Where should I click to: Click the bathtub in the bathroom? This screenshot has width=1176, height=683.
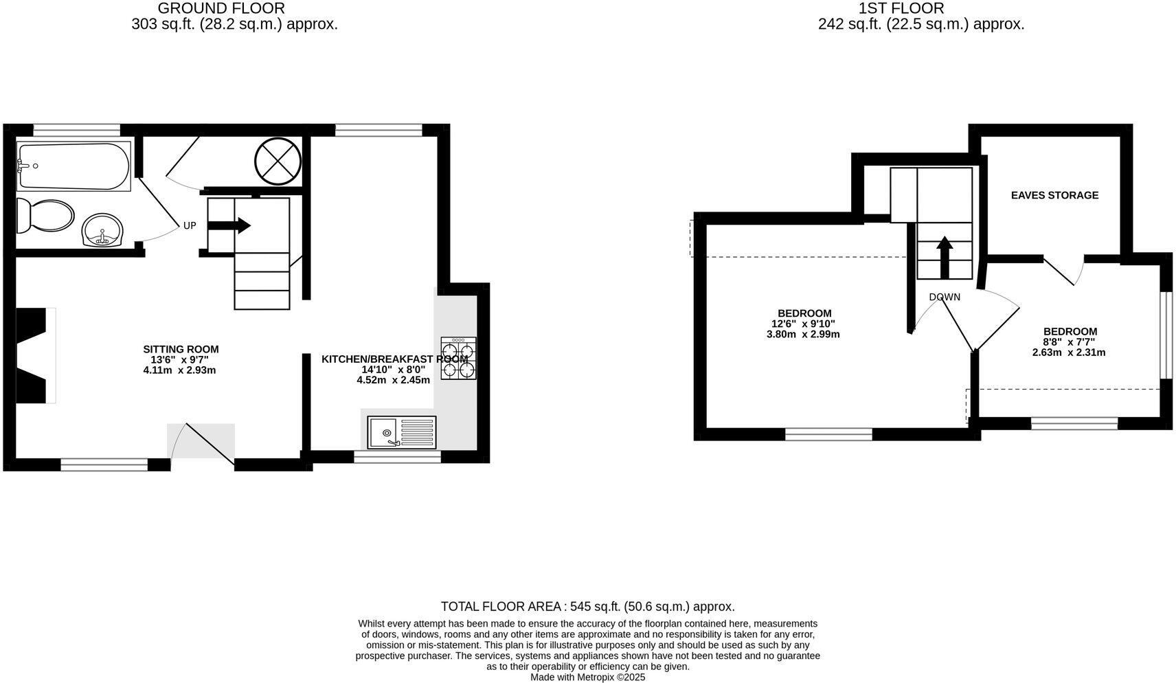(73, 166)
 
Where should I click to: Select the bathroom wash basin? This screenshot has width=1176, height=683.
(102, 229)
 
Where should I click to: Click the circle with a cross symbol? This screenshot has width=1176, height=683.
(278, 161)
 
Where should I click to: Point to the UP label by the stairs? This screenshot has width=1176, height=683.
(190, 225)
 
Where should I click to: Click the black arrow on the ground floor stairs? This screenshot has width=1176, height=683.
(229, 225)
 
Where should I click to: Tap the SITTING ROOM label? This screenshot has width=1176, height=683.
(181, 349)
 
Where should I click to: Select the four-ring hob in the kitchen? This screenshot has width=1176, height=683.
(458, 359)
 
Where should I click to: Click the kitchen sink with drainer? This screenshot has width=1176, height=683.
(401, 432)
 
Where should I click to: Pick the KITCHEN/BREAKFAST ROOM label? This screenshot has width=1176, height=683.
(394, 359)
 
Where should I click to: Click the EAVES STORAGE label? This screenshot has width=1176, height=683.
(1054, 195)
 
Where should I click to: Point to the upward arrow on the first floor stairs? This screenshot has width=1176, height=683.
(945, 256)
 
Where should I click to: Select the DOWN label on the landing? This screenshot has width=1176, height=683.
(945, 297)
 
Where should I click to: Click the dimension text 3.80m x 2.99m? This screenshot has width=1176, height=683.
(803, 335)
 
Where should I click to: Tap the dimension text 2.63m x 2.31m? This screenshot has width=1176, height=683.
(1069, 352)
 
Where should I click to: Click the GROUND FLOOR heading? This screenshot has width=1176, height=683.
(221, 8)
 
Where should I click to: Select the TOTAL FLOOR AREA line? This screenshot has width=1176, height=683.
(587, 607)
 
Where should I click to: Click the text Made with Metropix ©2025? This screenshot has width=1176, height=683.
(587, 677)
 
